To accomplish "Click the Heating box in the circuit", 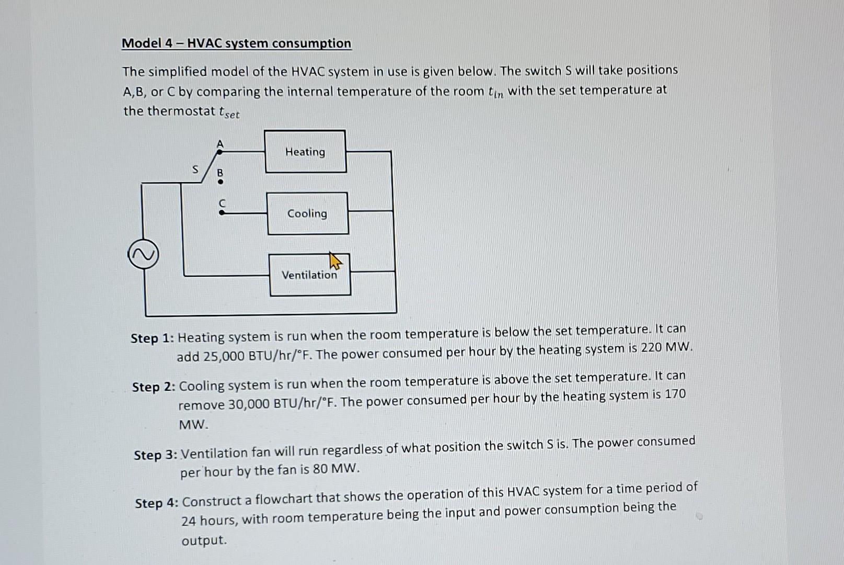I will pyautogui.click(x=305, y=152).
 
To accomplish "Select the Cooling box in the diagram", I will pyautogui.click(x=307, y=213).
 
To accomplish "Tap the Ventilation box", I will pyautogui.click(x=309, y=275).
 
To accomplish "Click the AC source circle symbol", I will pyautogui.click(x=143, y=254).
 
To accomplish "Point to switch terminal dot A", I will pyautogui.click(x=220, y=152).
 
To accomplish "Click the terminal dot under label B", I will pyautogui.click(x=221, y=182).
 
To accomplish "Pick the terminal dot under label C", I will pyautogui.click(x=222, y=213).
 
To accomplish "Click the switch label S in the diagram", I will pyautogui.click(x=195, y=169).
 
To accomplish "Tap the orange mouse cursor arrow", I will pyautogui.click(x=334, y=261).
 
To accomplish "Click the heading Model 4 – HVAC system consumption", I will pyautogui.click(x=236, y=43).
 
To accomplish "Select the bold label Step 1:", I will pyautogui.click(x=152, y=338).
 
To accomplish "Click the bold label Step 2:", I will pyautogui.click(x=154, y=387).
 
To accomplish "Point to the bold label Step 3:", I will pyautogui.click(x=156, y=455).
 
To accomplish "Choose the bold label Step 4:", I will pyautogui.click(x=157, y=503).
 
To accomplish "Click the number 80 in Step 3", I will pyautogui.click(x=320, y=469).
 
